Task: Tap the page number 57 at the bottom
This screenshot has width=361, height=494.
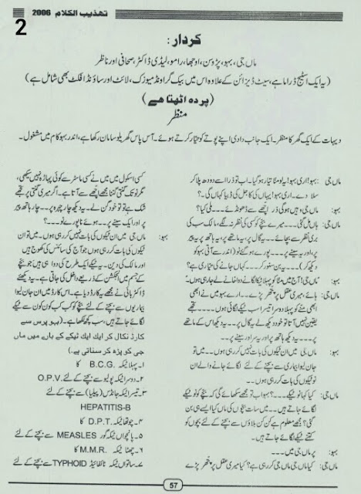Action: click(x=180, y=484)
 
